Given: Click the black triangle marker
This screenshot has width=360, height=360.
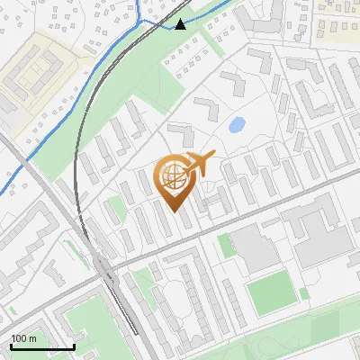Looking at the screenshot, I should tap(181, 24).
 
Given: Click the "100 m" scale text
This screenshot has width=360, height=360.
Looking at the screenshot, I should tap(23, 338).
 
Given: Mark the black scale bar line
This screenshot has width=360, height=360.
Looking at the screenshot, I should tap(42, 346).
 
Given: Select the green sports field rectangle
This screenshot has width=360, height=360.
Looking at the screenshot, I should tap(271, 294).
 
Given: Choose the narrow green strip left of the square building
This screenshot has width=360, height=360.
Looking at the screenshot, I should tap(225, 246).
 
